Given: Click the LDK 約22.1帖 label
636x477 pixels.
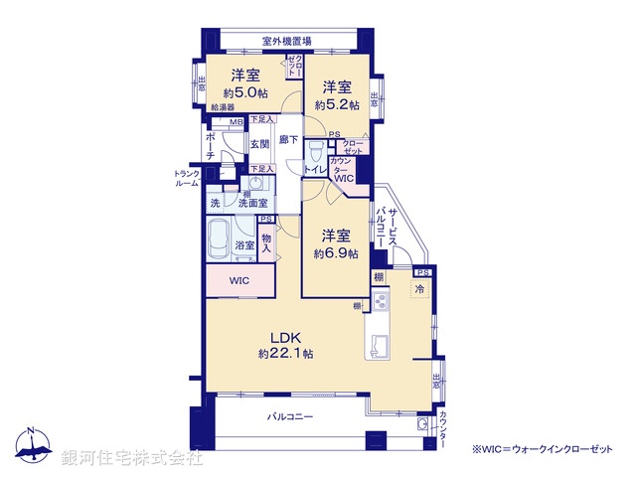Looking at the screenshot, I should pos(286,345).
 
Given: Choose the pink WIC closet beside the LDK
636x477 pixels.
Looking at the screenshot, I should pos(239,281).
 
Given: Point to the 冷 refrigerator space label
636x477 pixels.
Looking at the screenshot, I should pos(420,290).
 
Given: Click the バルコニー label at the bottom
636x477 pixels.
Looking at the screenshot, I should pos(290,417).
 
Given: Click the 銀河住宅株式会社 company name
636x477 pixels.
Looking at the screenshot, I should pos(132,458).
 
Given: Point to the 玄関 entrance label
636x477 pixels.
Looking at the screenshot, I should pos(259,144).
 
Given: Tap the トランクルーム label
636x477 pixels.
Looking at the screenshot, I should pos(187,179).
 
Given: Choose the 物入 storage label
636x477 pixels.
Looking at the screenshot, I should pos(266,243).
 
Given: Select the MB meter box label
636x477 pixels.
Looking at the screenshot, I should pos(236,122).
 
